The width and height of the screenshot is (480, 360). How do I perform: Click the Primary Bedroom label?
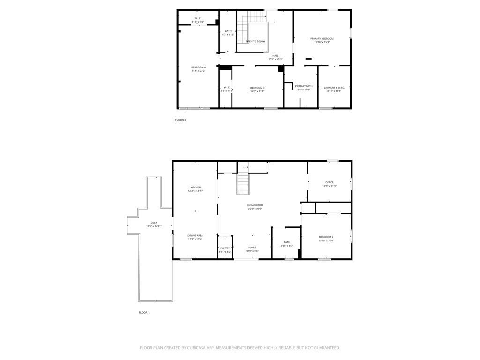pos(322,38)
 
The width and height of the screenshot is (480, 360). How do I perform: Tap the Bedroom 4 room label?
pos(198,67)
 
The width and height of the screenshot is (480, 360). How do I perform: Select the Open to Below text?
pos(255,42)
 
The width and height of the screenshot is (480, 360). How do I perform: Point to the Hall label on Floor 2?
pos(276,56)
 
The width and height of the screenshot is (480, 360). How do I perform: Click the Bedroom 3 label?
pos(257,88)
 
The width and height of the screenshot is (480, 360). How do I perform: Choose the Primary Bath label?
pos(304,86)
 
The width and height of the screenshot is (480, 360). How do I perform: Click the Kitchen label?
pos(195,187)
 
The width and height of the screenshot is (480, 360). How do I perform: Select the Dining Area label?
pos(195,236)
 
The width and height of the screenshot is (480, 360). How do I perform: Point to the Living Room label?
pos(255,205)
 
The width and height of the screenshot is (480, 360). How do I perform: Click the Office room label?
pos(330,182)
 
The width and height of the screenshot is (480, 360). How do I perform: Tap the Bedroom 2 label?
pos(326,237)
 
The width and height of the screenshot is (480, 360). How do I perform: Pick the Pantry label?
pos(225,248)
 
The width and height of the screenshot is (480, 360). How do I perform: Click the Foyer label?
pos(252,247)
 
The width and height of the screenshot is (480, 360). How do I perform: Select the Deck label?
pos(154,223)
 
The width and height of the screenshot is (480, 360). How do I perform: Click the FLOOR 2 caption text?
pos(180,120)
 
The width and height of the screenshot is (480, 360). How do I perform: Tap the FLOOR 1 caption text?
pos(144,313)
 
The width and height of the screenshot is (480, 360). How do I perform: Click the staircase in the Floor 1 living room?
pos(242,184)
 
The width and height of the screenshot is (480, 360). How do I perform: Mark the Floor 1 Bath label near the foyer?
pos(287,242)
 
